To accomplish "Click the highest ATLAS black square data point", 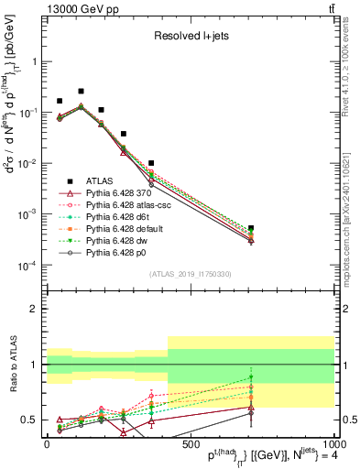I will [81, 92].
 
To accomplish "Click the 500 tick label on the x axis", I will [191, 444].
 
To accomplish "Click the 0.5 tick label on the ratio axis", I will [27, 420].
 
